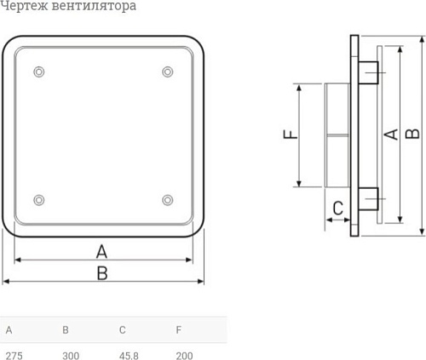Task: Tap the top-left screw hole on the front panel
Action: pyautogui.click(x=37, y=71)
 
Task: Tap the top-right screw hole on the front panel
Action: pyautogui.click(x=167, y=71)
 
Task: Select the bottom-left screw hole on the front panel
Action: pyautogui.click(x=37, y=200)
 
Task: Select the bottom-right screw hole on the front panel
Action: pyautogui.click(x=167, y=200)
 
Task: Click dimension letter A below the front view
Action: pyautogui.click(x=101, y=251)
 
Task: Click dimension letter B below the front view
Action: pyautogui.click(x=101, y=273)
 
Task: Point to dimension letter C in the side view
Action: pyautogui.click(x=337, y=207)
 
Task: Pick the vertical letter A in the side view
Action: pyautogui.click(x=391, y=133)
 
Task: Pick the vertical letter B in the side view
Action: pyautogui.click(x=412, y=133)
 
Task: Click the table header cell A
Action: pyautogui.click(x=9, y=329)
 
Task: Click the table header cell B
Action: pyautogui.click(x=66, y=329)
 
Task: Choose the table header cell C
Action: pyautogui.click(x=123, y=329)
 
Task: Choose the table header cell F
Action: pyautogui.click(x=178, y=329)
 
